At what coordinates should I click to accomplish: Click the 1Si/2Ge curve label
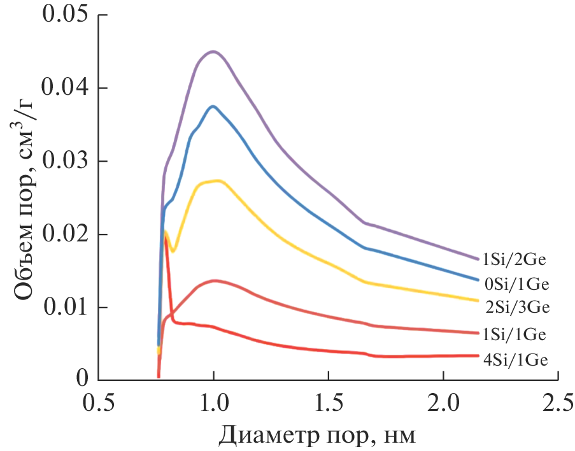[516, 259]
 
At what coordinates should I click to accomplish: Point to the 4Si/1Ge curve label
[516, 361]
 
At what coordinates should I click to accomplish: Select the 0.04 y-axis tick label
[64, 88]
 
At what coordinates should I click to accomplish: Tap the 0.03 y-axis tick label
[64, 161]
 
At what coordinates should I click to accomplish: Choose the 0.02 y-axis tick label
[64, 234]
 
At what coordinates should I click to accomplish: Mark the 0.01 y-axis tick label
[64, 308]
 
